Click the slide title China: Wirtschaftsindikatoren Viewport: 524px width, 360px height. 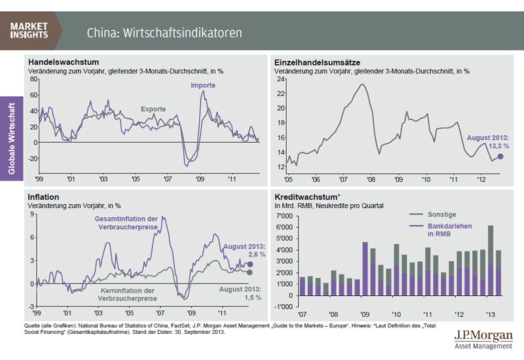click(x=164, y=32)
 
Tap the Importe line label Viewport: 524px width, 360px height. click(x=203, y=86)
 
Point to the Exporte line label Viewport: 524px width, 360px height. click(x=153, y=109)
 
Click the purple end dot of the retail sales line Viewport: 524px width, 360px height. click(x=500, y=156)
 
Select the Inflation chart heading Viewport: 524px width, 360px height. click(x=43, y=196)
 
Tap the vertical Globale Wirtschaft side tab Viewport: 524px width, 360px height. click(x=12, y=137)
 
